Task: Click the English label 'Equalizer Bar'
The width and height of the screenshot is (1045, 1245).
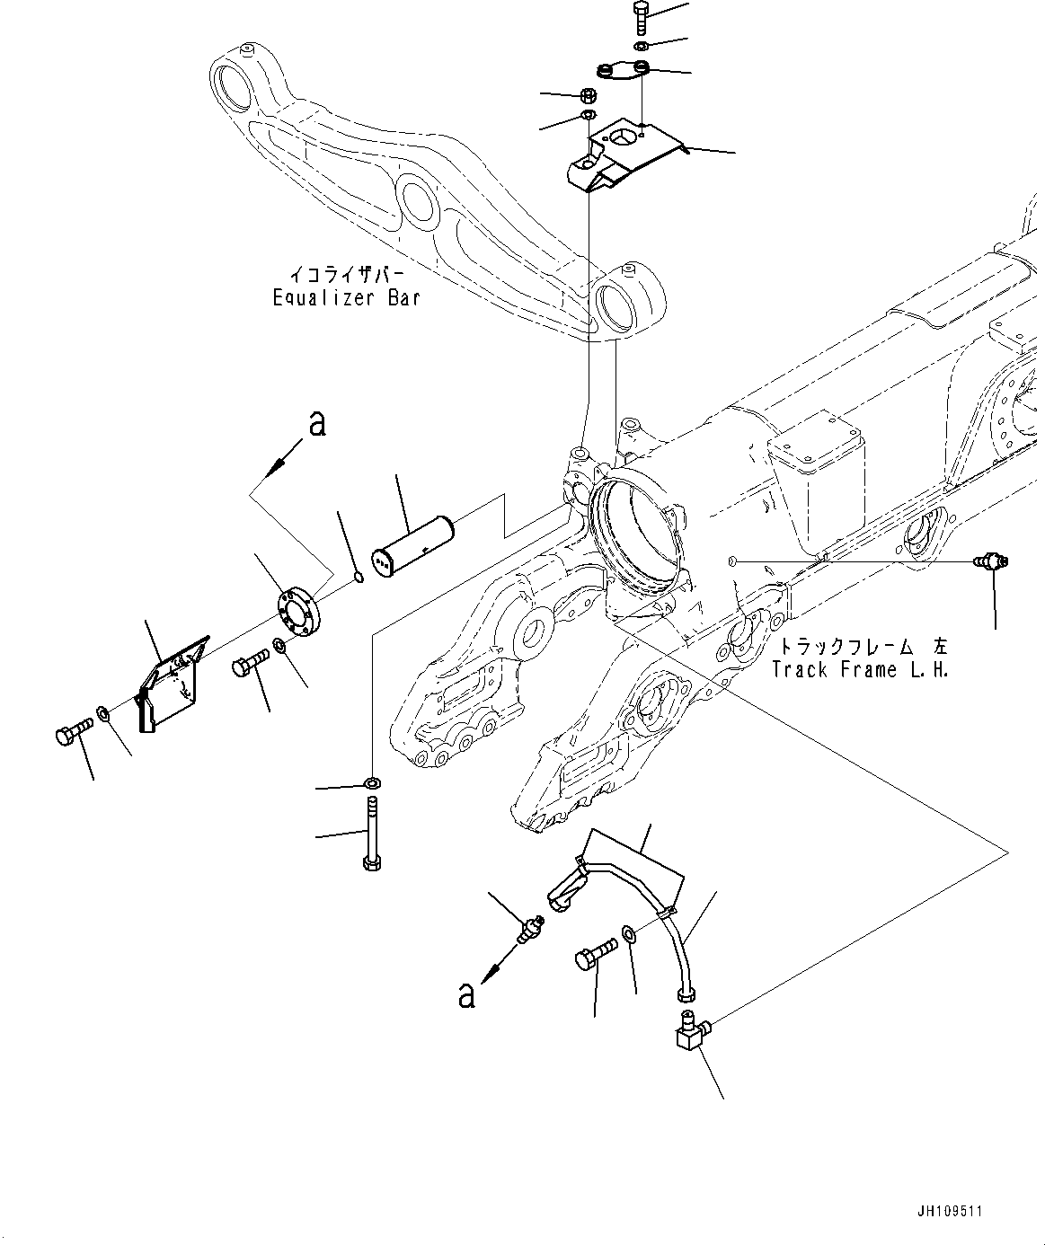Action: coord(346,297)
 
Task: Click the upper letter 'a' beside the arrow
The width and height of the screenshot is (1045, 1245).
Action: coord(316,423)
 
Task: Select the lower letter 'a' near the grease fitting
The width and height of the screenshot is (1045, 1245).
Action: coord(465,994)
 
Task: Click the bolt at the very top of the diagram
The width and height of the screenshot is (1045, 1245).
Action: coord(639,17)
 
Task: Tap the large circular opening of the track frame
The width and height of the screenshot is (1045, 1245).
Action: coord(634,537)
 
